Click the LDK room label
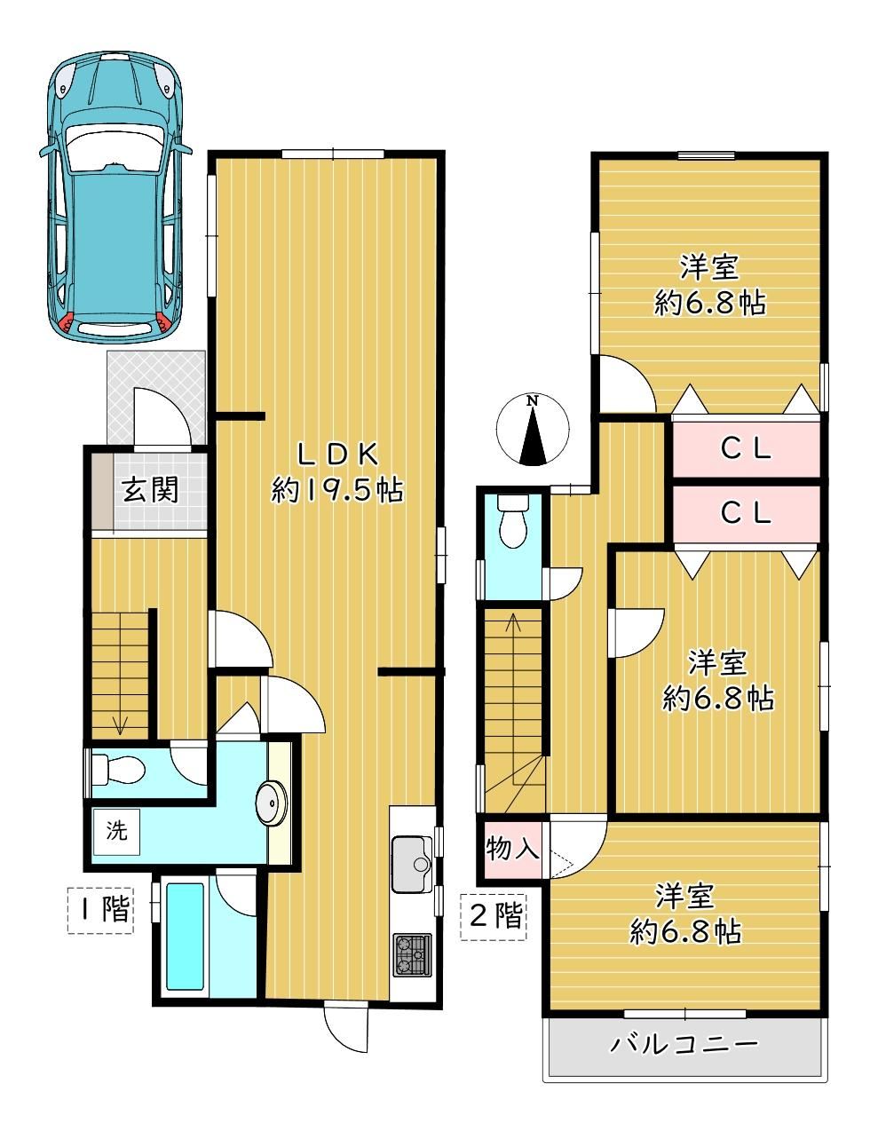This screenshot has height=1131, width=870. pyautogui.click(x=336, y=455)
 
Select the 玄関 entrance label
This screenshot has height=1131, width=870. pyautogui.click(x=150, y=490)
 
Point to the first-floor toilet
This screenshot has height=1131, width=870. pyautogui.click(x=116, y=770)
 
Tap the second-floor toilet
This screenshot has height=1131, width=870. pyautogui.click(x=513, y=519)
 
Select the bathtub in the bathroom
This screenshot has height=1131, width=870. pyautogui.click(x=185, y=936)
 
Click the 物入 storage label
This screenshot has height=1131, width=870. pyautogui.click(x=512, y=850)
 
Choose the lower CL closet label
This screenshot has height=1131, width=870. pyautogui.click(x=747, y=512)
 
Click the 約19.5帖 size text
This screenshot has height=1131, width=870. pyautogui.click(x=336, y=490)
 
